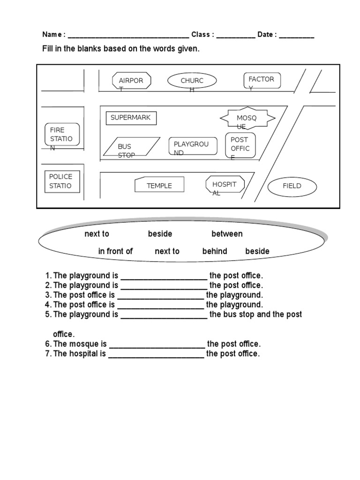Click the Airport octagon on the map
pos(131,81)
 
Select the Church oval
pos(192,81)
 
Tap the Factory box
pos(262,80)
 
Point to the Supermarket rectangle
pos(131,118)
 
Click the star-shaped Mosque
pos(247,118)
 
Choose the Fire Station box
pos(62,135)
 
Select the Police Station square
pos(61,181)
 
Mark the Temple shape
pos(159,185)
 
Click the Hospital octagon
pos(225,185)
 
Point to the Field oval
pos(292,186)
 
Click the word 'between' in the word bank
pos(227,234)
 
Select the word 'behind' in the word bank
pos(215,251)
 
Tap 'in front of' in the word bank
pos(115,251)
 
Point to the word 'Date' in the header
pos(265,35)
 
